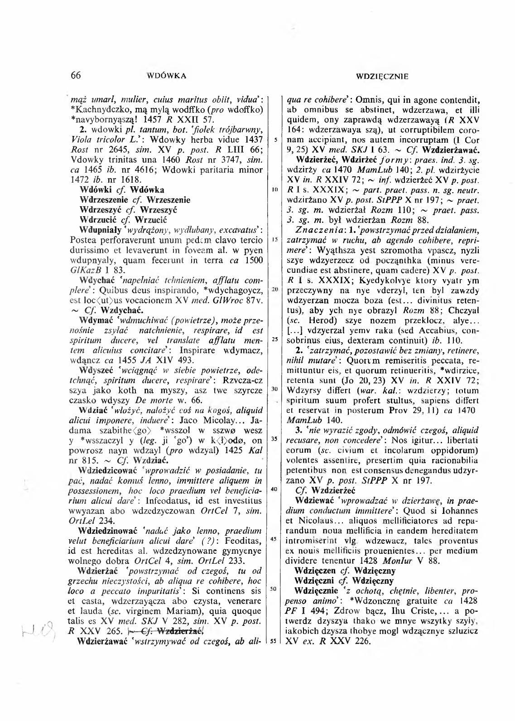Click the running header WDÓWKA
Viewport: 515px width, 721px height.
tap(167, 76)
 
